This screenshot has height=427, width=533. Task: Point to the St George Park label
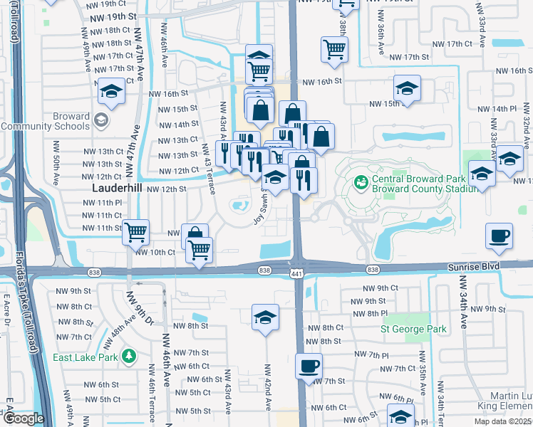click(413, 329)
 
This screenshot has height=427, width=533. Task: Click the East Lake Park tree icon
click(129, 354)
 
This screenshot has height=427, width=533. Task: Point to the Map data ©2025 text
click(501, 421)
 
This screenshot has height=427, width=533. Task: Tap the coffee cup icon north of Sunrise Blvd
click(498, 236)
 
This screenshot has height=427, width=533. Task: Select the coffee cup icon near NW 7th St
click(309, 367)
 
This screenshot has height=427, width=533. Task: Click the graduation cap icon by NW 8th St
click(265, 317)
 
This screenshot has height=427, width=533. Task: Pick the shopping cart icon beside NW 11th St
click(135, 231)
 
